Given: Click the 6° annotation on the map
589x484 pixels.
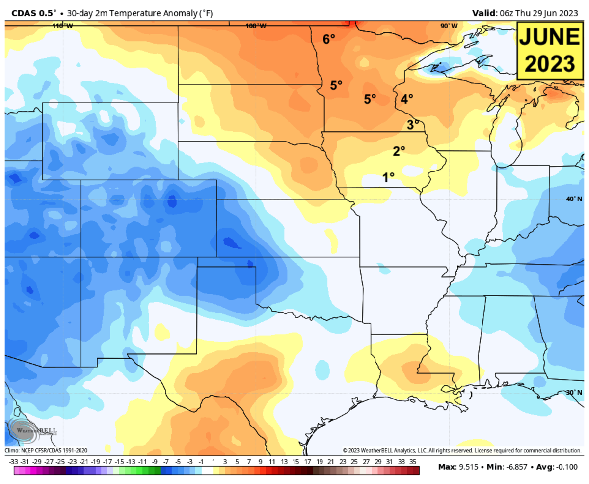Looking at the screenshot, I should pyautogui.click(x=328, y=39).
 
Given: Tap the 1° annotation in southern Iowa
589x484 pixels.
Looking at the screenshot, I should pyautogui.click(x=389, y=177).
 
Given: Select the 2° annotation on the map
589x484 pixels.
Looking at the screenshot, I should pyautogui.click(x=399, y=151).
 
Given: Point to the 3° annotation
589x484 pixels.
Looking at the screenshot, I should pyautogui.click(x=413, y=125).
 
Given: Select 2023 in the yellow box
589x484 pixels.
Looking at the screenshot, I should pyautogui.click(x=548, y=63).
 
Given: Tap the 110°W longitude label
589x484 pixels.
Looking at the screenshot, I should pyautogui.click(x=62, y=26).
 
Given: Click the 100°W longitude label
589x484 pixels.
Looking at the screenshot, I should pyautogui.click(x=256, y=26).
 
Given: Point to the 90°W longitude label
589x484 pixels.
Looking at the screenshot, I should pyautogui.click(x=449, y=26).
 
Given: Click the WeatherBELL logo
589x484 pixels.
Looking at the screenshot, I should pyautogui.click(x=29, y=430).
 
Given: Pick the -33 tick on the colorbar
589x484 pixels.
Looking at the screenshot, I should pyautogui.click(x=14, y=462).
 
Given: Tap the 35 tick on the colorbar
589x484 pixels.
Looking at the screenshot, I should pyautogui.click(x=413, y=462).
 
